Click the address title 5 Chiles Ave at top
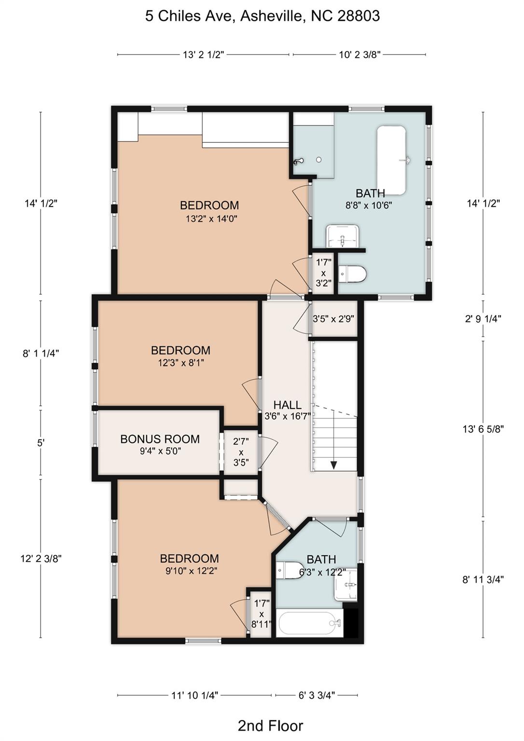[262, 16]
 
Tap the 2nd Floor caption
[270, 725]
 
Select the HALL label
[287, 405]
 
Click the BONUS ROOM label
[160, 439]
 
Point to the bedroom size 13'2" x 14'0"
[211, 219]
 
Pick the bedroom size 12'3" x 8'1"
[181, 363]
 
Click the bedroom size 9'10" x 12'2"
[189, 571]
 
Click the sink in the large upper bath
[343, 236]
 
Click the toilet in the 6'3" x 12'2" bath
[290, 570]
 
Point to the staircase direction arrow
[333, 464]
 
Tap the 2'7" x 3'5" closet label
[241, 452]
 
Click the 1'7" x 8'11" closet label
[261, 614]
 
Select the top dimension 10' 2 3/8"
[359, 55]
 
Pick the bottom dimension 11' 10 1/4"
[194, 695]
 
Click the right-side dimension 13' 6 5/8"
[483, 429]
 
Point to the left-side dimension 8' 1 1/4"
[41, 353]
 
